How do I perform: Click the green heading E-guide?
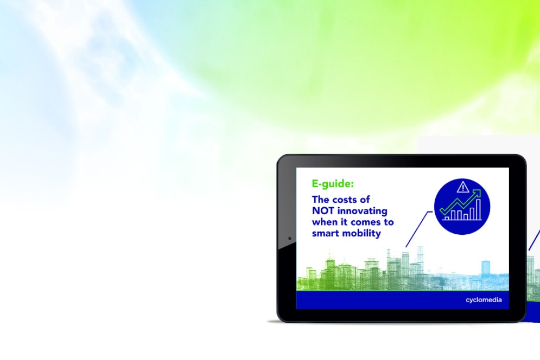click(333, 184)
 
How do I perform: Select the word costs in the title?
click(345, 200)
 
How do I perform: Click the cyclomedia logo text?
click(483, 300)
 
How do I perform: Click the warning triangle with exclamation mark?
click(463, 187)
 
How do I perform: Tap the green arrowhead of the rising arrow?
click(477, 193)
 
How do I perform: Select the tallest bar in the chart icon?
click(478, 209)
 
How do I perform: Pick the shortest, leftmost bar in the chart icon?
click(447, 218)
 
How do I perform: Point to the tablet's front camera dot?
click(289, 238)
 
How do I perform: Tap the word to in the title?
click(388, 222)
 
